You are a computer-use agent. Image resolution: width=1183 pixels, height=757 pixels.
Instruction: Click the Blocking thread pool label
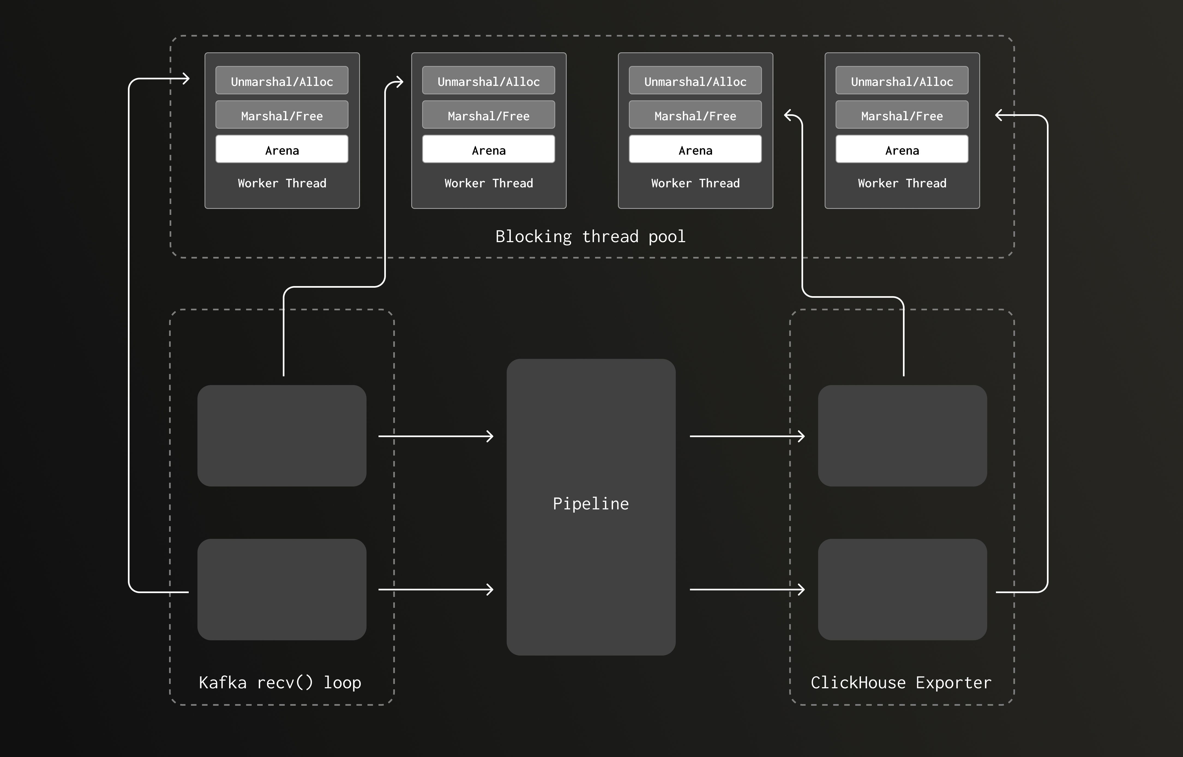pyautogui.click(x=590, y=236)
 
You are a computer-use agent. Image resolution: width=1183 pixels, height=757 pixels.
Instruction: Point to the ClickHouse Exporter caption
pyautogui.click(x=901, y=682)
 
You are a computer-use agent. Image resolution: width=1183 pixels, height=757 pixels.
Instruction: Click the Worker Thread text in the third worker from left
pyautogui.click(x=695, y=183)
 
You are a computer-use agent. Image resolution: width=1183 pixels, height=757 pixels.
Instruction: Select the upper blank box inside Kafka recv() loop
pyautogui.click(x=282, y=435)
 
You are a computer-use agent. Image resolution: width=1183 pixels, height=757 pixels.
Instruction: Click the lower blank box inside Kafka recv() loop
pyautogui.click(x=282, y=589)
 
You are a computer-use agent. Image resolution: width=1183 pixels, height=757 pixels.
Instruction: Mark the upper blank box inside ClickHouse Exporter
pyautogui.click(x=902, y=435)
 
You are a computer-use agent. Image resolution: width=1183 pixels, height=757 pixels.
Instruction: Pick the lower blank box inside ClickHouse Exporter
pyautogui.click(x=902, y=589)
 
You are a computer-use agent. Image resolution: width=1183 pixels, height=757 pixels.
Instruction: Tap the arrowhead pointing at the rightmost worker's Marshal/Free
pyautogui.click(x=999, y=116)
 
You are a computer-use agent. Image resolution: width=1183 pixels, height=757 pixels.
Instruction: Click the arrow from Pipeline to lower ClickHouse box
pyautogui.click(x=747, y=589)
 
